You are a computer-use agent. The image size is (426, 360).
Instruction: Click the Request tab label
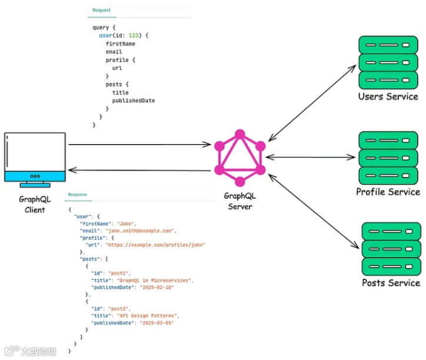tap(101, 11)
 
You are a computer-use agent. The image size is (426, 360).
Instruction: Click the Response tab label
tap(77, 194)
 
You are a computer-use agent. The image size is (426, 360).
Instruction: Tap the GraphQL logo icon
tap(239, 157)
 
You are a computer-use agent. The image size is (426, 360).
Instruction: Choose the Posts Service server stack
tap(391, 248)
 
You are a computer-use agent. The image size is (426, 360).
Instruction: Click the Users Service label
tap(388, 96)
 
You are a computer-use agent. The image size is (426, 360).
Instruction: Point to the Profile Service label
tap(388, 192)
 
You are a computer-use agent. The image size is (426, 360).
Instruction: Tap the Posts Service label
tap(391, 283)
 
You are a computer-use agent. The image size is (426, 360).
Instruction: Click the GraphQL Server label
tap(239, 201)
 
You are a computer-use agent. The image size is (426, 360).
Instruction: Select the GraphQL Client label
tap(35, 205)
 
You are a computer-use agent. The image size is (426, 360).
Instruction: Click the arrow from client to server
tap(139, 144)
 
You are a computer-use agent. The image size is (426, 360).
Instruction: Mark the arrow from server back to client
tap(139, 171)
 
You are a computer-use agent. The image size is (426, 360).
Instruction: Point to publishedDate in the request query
tap(134, 101)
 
